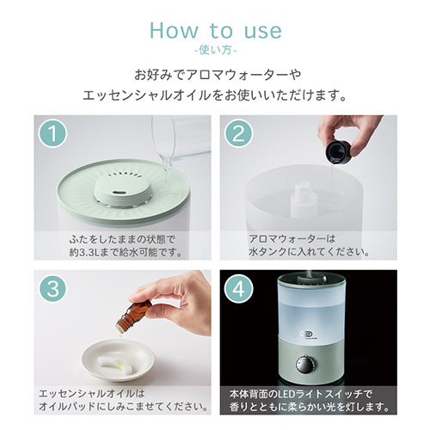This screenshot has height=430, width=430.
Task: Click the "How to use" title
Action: tap(216, 30)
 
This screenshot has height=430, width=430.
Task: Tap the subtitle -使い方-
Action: tap(216, 51)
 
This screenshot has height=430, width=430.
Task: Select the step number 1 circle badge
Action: tap(52, 133)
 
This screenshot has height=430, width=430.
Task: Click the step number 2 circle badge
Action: tap(238, 133)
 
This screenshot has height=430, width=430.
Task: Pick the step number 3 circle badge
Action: tap(52, 288)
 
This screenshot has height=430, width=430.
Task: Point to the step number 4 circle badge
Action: tap(238, 288)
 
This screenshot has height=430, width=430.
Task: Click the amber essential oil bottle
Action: tap(134, 315)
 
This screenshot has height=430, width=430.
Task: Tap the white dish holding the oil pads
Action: tap(119, 359)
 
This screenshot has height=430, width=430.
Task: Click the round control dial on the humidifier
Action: tap(305, 365)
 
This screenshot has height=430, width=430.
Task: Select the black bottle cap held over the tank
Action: tap(338, 151)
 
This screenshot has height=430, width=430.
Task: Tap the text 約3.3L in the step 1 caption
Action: tap(84, 252)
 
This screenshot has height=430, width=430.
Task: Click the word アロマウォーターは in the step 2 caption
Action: tap(292, 239)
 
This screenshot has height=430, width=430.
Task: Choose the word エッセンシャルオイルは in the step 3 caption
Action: tap(92, 394)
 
